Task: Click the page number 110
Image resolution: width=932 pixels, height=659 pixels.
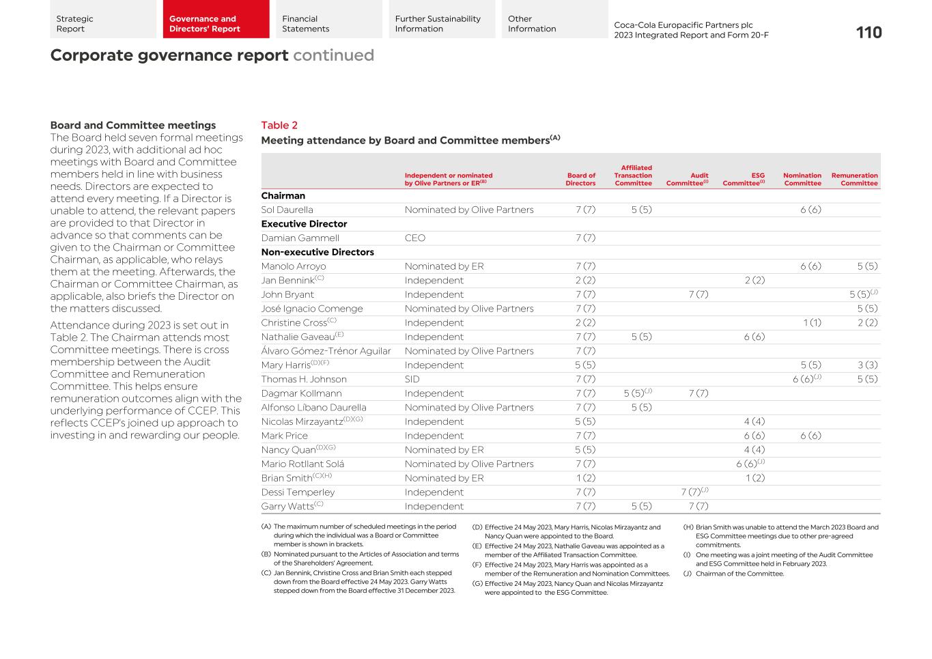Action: (869, 33)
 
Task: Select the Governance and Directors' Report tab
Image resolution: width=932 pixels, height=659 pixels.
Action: (205, 24)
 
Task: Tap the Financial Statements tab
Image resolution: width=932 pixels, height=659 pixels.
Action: (306, 24)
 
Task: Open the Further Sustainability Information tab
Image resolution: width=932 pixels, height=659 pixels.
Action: (438, 24)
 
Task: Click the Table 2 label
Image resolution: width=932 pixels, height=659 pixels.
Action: (279, 125)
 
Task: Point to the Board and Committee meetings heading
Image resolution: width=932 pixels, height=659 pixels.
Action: (133, 125)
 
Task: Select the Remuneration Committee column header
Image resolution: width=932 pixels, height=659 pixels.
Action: (854, 179)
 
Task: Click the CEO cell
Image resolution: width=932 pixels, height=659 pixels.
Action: (414, 238)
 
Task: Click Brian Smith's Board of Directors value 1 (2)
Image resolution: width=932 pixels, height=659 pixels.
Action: (585, 478)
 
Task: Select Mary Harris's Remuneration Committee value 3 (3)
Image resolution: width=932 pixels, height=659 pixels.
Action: (867, 365)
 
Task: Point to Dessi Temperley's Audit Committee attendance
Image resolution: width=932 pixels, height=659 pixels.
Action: (694, 492)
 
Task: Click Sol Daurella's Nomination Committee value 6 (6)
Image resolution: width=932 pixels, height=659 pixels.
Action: (810, 210)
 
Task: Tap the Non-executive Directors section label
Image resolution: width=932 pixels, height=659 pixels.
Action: (317, 252)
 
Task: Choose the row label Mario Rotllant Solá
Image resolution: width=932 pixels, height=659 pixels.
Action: (302, 464)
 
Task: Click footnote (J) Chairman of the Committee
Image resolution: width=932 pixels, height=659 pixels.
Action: (739, 574)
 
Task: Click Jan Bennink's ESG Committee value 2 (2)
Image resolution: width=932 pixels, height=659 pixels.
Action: (754, 281)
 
